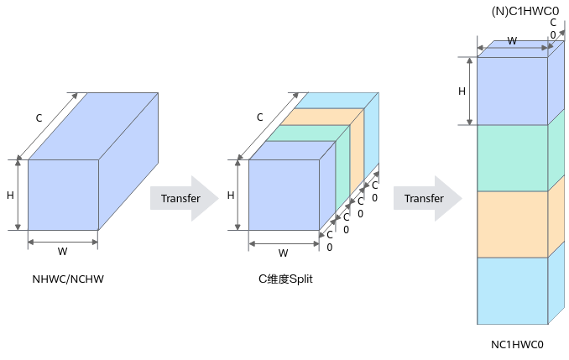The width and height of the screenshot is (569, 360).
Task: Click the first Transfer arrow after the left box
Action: (183, 199)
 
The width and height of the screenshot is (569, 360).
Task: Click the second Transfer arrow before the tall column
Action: (426, 199)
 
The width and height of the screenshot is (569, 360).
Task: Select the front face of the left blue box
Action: (63, 194)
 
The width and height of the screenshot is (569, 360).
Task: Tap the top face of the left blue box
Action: (92, 126)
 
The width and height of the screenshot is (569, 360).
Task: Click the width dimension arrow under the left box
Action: (63, 242)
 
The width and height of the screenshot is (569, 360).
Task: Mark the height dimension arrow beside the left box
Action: (18, 194)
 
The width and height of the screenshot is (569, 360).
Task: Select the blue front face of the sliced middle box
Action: (284, 194)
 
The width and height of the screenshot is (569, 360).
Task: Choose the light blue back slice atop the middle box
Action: (336, 100)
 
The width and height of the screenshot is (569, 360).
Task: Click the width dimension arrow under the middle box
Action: (284, 244)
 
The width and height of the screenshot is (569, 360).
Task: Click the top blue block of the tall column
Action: (512, 91)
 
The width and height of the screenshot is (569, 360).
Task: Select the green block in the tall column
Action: (512, 158)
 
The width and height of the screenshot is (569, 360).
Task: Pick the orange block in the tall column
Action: (512, 224)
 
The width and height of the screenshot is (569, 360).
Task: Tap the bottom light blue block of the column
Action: (512, 290)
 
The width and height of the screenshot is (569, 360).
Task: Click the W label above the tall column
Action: (512, 41)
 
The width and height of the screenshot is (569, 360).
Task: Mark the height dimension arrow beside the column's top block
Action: (469, 91)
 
